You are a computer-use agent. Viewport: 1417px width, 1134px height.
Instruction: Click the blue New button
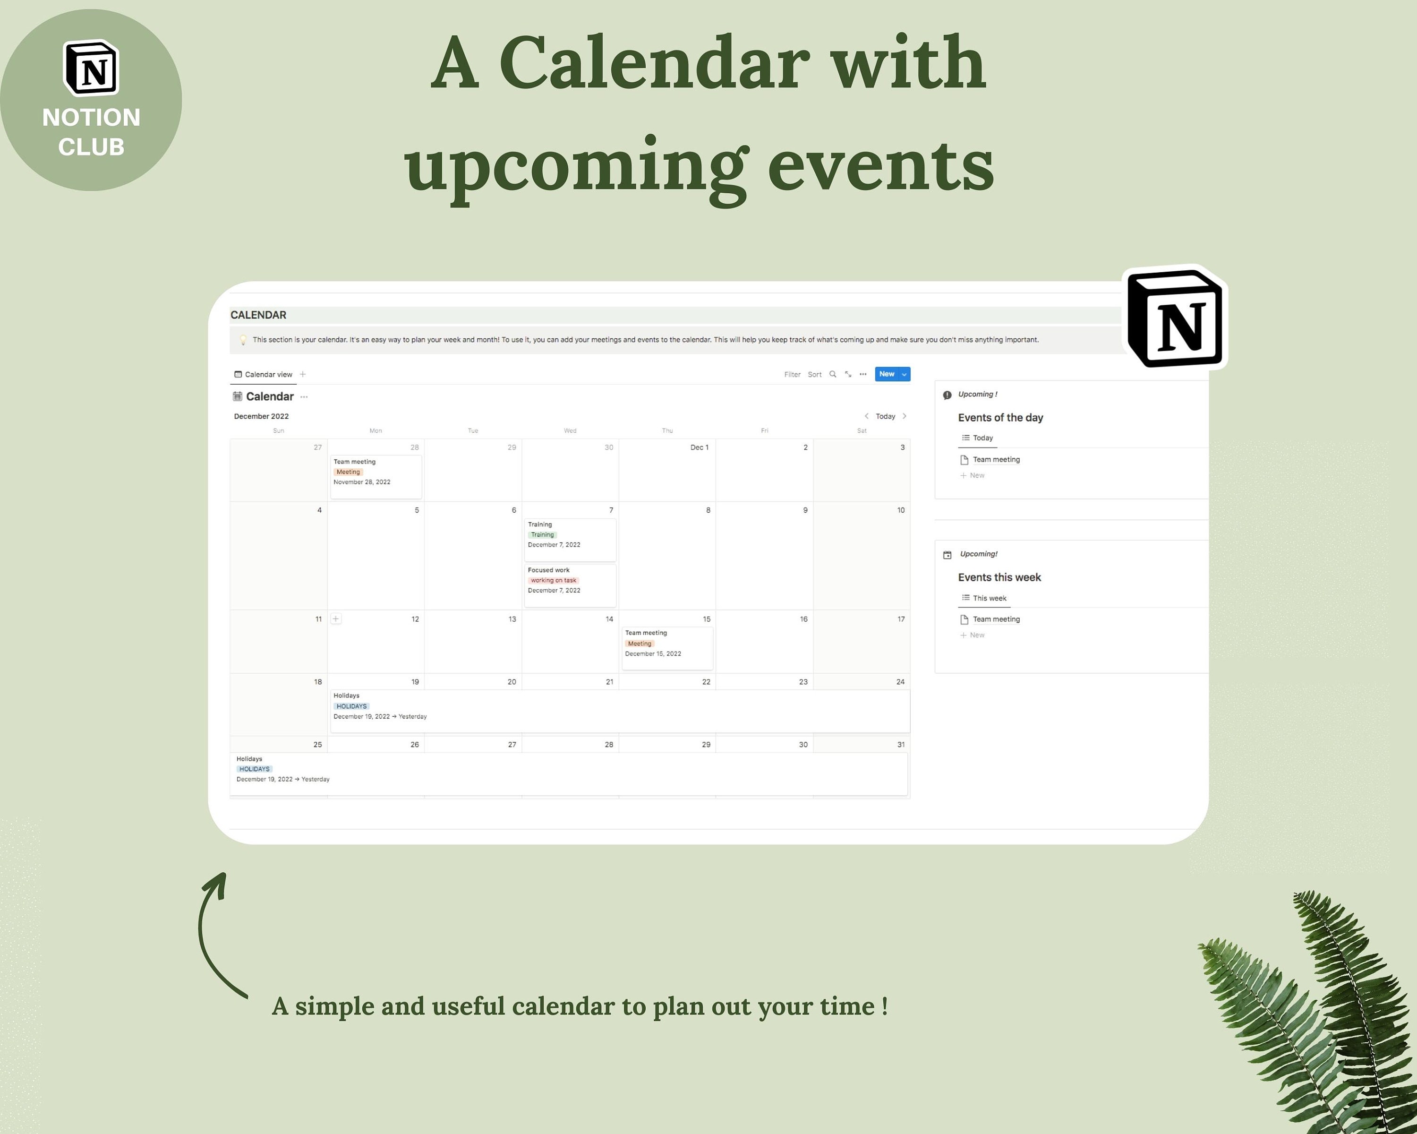click(886, 374)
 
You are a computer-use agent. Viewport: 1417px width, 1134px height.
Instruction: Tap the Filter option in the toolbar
click(792, 375)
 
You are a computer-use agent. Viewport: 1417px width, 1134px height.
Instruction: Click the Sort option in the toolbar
click(814, 375)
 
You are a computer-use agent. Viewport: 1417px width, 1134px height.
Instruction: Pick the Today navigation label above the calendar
click(885, 416)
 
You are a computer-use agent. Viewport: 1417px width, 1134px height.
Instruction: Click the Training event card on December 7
click(570, 539)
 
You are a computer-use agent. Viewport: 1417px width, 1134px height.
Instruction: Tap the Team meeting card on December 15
click(667, 647)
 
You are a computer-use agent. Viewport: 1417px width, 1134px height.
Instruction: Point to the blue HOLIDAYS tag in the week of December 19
click(351, 706)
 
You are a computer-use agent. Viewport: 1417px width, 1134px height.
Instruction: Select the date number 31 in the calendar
click(900, 745)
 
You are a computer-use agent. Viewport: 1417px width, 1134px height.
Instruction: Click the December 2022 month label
click(261, 416)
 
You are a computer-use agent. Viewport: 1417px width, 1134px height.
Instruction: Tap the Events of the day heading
click(1000, 417)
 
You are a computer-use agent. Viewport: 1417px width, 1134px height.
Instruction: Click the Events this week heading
click(999, 577)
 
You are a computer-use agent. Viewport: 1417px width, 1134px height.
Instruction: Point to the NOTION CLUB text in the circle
click(91, 131)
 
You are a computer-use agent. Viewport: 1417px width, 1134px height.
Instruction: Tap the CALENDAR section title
click(258, 315)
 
